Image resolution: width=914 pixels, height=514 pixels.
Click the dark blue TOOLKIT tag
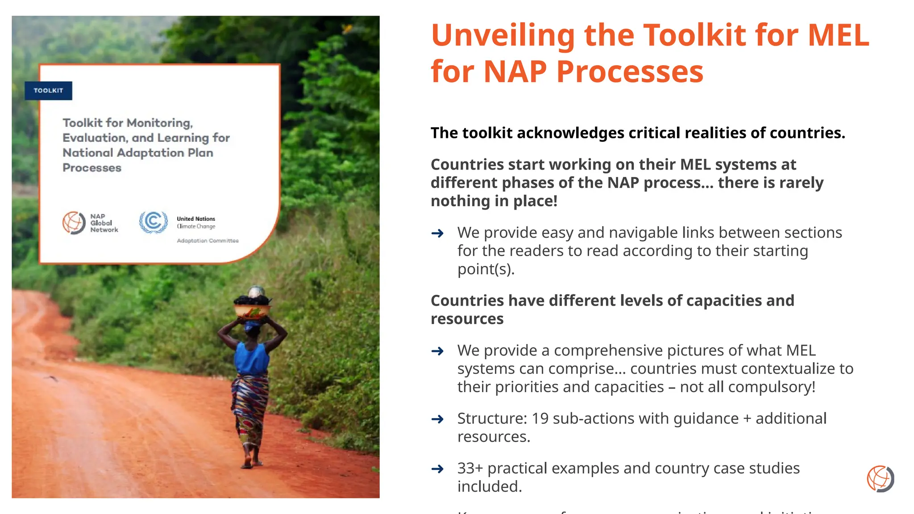click(48, 91)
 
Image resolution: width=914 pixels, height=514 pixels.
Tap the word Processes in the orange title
click(630, 72)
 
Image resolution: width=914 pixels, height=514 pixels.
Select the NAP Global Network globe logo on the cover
click(74, 223)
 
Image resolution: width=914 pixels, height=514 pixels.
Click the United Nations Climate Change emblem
click(153, 222)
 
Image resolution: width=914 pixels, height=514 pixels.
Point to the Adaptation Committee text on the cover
click(208, 241)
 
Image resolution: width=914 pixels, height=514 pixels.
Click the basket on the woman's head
click(253, 307)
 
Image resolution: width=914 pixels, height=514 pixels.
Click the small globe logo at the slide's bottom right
click(880, 479)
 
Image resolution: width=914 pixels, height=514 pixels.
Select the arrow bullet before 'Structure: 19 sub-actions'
click(437, 419)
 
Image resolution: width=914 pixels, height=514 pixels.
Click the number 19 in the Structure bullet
click(540, 419)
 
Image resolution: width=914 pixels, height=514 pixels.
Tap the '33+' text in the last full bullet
click(470, 468)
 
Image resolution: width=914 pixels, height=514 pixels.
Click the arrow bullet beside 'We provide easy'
click(437, 233)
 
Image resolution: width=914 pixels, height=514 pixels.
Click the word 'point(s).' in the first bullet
click(486, 269)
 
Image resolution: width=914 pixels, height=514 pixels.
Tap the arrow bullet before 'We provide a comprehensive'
click(437, 351)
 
